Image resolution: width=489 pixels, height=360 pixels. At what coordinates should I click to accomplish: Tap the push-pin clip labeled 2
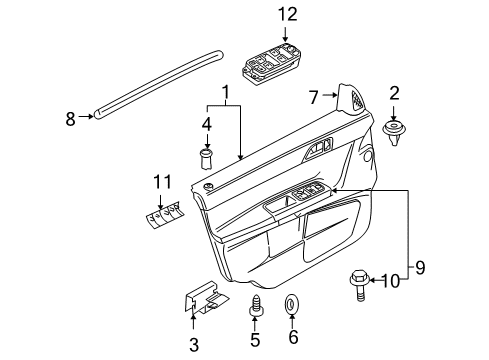(x=394, y=131)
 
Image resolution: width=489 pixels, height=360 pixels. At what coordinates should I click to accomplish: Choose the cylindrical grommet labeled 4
(x=207, y=157)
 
